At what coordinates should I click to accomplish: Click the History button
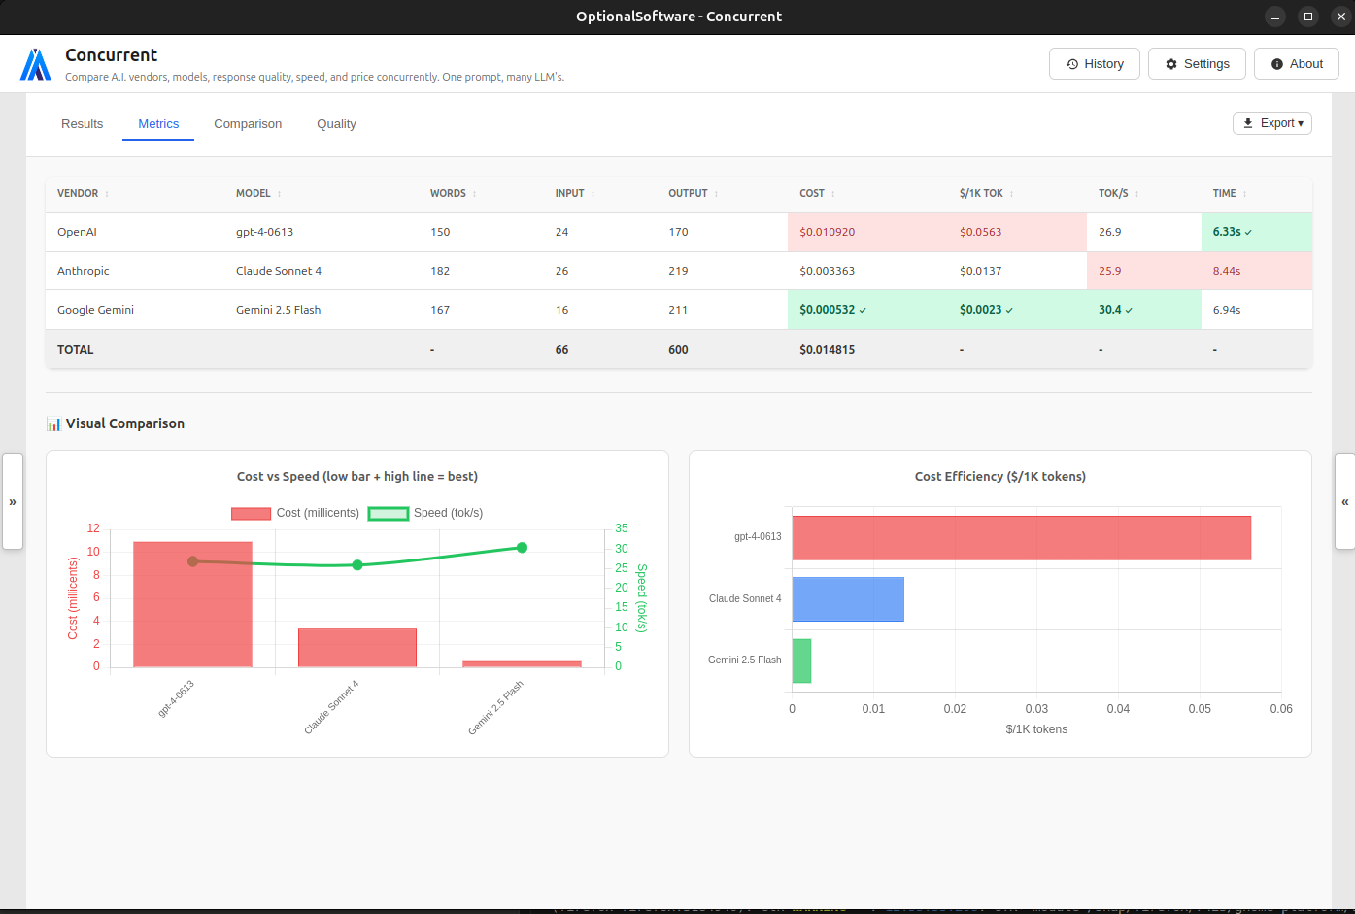(x=1094, y=64)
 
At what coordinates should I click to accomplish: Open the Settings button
(x=1197, y=64)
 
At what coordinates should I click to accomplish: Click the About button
(x=1296, y=64)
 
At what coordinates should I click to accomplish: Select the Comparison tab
(x=248, y=124)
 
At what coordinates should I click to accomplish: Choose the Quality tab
(x=336, y=124)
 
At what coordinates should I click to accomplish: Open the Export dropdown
(x=1271, y=123)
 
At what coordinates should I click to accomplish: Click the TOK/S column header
(x=1113, y=193)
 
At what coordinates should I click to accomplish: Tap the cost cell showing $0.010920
(x=827, y=232)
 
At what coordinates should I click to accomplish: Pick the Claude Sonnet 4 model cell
(x=278, y=271)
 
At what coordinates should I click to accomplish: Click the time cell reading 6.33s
(x=1227, y=232)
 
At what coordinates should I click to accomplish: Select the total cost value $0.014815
(x=827, y=350)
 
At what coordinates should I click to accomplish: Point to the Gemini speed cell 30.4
(x=1110, y=310)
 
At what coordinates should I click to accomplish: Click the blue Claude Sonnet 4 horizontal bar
(x=847, y=599)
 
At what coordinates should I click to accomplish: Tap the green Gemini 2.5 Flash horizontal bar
(x=801, y=660)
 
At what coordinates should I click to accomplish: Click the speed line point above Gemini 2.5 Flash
(x=522, y=548)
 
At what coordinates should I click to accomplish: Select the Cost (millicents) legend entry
(x=295, y=513)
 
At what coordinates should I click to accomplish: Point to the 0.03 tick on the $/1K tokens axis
(x=1036, y=709)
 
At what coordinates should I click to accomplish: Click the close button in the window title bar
(x=1340, y=17)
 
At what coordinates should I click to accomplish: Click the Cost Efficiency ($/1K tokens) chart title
(x=999, y=477)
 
